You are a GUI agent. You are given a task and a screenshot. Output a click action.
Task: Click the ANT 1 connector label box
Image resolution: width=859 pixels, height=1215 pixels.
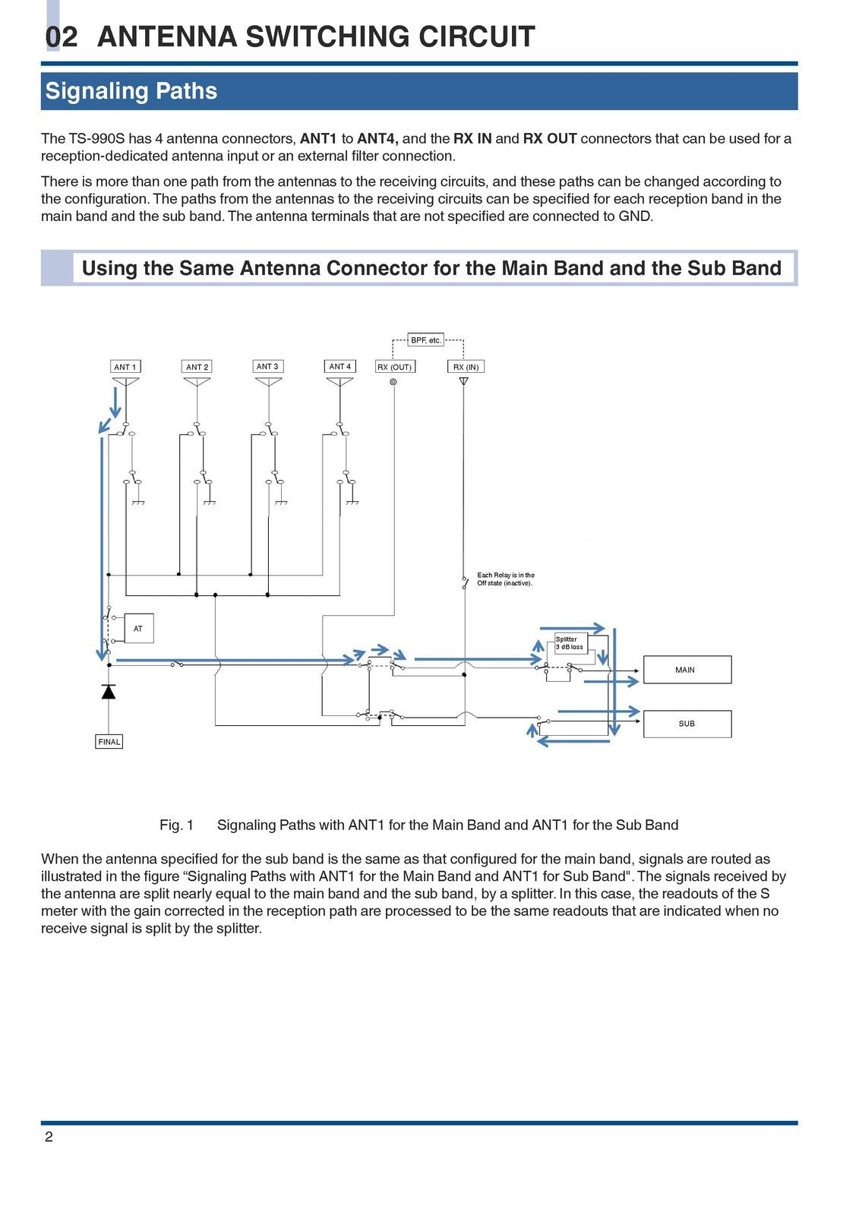coord(125,367)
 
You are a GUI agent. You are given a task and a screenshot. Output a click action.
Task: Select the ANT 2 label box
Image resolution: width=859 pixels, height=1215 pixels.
coord(197,367)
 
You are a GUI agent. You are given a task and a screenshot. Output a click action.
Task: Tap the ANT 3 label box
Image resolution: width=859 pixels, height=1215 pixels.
coord(267,366)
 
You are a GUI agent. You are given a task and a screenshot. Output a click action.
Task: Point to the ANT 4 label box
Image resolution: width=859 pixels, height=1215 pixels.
coord(339,366)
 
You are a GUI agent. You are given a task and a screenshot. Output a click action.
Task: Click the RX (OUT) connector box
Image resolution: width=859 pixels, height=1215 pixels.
coord(394,367)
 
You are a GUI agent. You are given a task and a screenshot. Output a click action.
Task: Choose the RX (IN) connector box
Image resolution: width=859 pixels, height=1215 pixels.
coord(465,367)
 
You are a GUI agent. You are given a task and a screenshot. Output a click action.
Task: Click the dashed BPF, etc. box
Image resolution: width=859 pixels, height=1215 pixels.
coord(425,340)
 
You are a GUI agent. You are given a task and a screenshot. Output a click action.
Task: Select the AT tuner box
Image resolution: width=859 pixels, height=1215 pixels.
coord(138,629)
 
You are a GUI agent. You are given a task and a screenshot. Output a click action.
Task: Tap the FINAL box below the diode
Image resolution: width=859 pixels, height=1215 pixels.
coord(109,742)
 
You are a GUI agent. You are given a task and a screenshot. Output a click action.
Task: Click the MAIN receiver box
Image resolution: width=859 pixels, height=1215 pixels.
coord(687,670)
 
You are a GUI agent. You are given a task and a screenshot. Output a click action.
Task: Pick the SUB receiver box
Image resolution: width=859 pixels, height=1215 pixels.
coord(687,724)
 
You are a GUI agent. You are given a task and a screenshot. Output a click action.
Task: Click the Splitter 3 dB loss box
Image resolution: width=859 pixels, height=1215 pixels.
coord(570,643)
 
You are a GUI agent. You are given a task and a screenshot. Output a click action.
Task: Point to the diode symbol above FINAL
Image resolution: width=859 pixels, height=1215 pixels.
coord(109,691)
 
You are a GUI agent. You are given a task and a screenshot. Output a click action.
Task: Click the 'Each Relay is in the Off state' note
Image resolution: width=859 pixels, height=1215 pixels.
coord(505,579)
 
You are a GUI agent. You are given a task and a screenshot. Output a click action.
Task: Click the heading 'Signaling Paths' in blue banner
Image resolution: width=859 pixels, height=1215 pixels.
coord(131,91)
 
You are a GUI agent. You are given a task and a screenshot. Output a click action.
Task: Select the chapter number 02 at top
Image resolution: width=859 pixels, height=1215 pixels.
coord(62,37)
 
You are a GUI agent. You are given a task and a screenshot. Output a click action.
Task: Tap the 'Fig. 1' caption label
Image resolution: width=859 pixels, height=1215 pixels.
coord(176,825)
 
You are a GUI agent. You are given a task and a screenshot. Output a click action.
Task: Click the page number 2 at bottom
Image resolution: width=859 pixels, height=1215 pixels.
coord(49,1137)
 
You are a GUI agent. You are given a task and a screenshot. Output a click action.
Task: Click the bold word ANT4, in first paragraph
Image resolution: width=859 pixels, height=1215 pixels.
coord(377,139)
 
